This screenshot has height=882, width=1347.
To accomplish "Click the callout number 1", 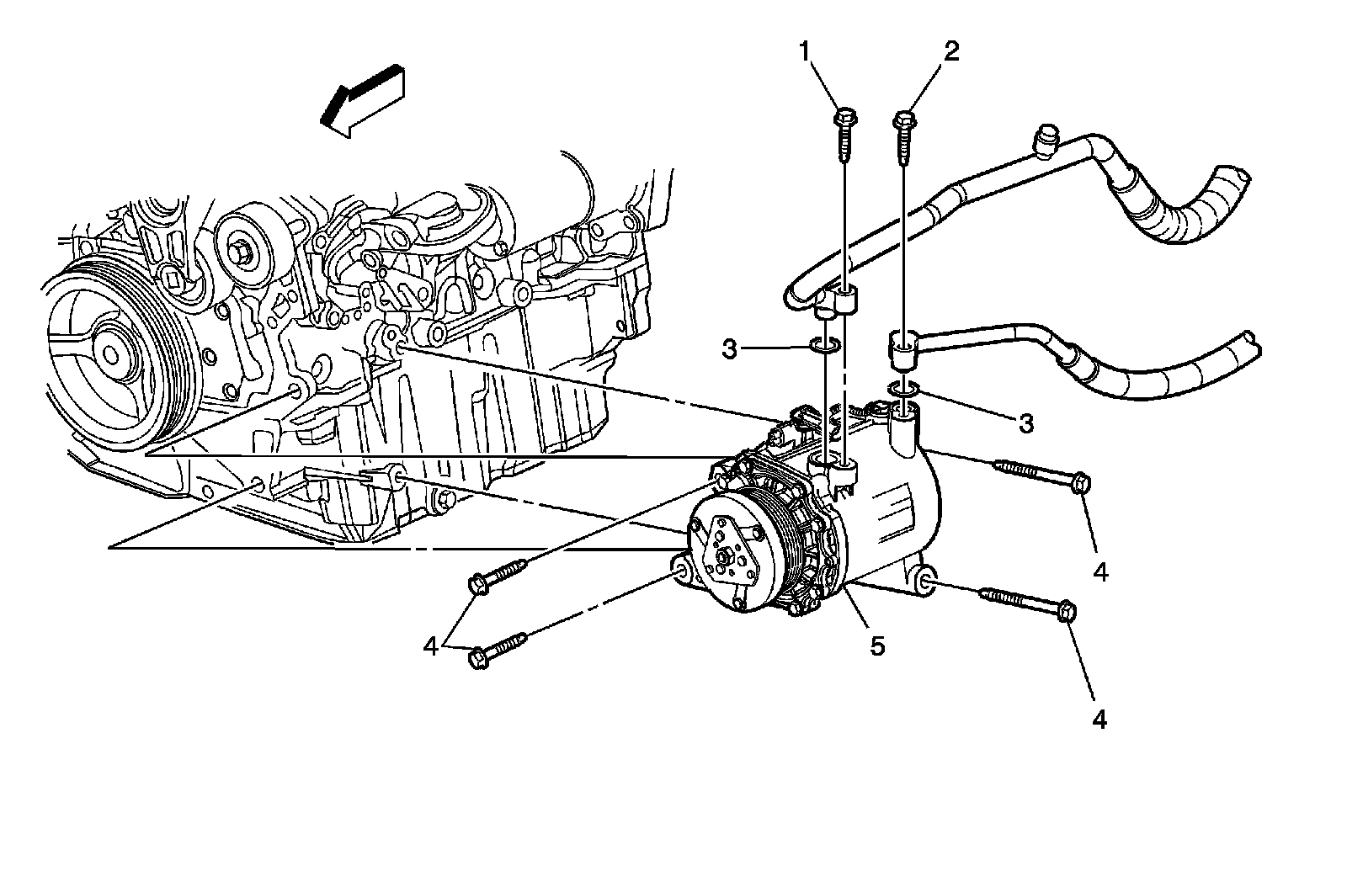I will tap(806, 53).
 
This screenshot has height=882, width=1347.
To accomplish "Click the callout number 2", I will tap(950, 52).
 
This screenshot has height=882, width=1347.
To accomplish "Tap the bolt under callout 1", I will tap(844, 133).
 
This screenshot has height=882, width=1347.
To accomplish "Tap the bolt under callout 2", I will tap(904, 132).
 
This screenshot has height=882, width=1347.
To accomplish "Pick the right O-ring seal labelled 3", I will tap(902, 388).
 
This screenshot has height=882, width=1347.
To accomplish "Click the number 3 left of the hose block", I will tap(730, 349).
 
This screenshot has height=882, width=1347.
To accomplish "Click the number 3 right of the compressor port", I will tap(1025, 422).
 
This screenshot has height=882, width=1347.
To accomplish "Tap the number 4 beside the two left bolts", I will tap(431, 646).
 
